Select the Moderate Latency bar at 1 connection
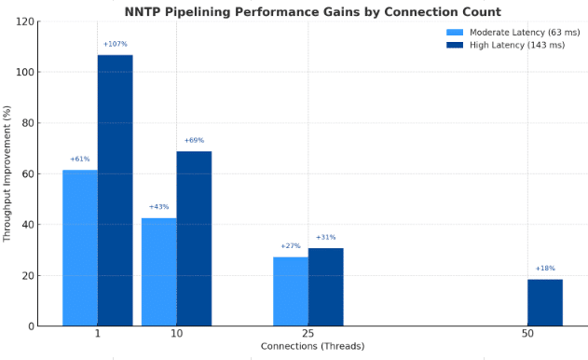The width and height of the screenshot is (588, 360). click(79, 247)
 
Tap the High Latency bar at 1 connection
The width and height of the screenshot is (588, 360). click(115, 190)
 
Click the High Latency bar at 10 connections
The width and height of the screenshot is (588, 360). click(194, 238)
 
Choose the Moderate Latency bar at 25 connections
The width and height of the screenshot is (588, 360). click(290, 291)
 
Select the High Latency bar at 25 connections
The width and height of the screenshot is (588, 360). click(325, 286)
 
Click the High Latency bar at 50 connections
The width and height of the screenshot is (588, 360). click(545, 302)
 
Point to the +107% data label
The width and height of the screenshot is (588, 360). click(115, 44)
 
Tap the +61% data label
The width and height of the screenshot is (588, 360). click(79, 159)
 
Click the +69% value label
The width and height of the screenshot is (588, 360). click(194, 140)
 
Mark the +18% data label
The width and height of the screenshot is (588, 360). click(545, 268)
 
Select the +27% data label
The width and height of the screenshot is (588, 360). click(290, 245)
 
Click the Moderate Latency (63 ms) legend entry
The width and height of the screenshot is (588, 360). click(509, 32)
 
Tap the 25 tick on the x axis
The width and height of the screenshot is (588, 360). click(308, 334)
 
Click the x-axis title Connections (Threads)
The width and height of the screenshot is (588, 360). click(308, 347)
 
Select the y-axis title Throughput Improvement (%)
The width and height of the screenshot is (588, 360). click(7, 173)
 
